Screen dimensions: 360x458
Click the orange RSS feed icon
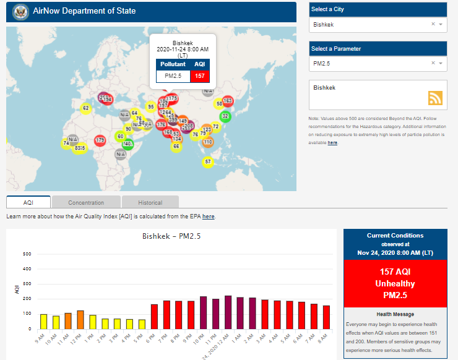click(x=435, y=98)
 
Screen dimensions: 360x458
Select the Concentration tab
click(x=86, y=202)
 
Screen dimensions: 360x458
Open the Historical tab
click(x=150, y=202)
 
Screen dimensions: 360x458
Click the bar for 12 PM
click(x=80, y=320)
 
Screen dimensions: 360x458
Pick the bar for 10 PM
click(x=204, y=313)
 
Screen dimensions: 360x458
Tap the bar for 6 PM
click(x=154, y=317)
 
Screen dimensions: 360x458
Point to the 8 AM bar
click(x=326, y=317)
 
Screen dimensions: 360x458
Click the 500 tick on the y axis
click(x=27, y=254)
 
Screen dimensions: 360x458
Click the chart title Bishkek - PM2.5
click(x=171, y=236)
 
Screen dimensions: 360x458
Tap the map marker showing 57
click(x=208, y=162)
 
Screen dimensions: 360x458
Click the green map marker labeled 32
click(x=225, y=116)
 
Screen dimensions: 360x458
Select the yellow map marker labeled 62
click(x=85, y=109)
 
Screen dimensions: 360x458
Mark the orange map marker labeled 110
click(x=208, y=142)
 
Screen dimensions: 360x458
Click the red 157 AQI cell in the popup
click(x=200, y=76)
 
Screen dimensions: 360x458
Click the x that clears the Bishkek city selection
click(x=433, y=25)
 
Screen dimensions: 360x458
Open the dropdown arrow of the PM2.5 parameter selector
click(x=441, y=63)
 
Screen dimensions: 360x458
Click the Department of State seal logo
click(x=21, y=12)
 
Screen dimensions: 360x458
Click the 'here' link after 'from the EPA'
click(x=208, y=216)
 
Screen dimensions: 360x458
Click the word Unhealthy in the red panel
click(x=395, y=283)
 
